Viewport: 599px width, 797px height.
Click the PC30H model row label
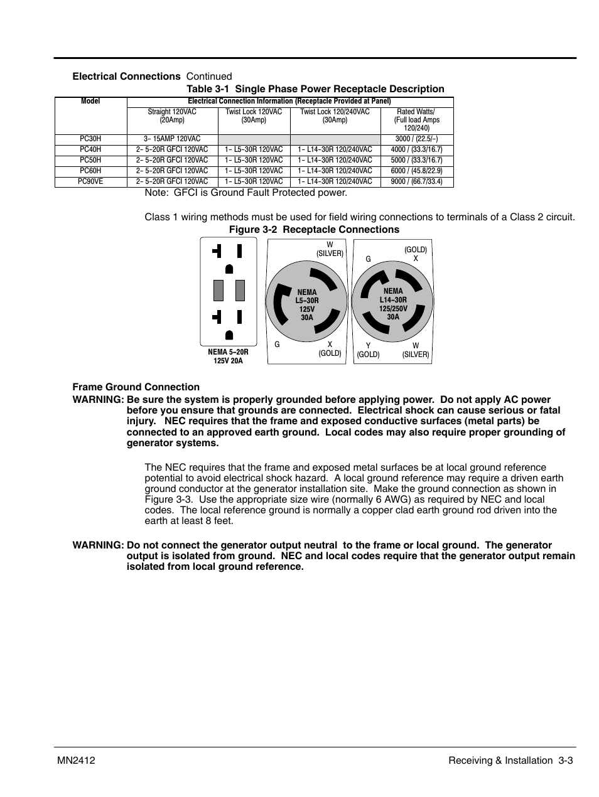(x=90, y=139)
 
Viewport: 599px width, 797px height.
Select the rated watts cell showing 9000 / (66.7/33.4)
(x=416, y=182)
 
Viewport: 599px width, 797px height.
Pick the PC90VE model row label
(x=90, y=182)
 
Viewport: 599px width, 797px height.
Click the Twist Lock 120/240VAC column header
(x=335, y=116)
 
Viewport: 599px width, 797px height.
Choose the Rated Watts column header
(x=416, y=120)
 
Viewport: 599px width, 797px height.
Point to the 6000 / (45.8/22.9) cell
(x=416, y=171)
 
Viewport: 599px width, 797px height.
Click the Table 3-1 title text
(x=315, y=89)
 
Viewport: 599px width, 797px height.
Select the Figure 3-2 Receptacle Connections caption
(x=314, y=230)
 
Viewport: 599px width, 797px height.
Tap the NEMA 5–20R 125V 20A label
(x=228, y=356)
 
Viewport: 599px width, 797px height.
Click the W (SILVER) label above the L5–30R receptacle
(x=330, y=249)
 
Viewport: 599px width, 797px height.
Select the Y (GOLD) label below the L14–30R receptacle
(x=368, y=350)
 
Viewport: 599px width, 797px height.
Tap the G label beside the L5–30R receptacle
(x=277, y=345)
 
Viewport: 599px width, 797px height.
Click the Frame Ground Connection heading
(x=136, y=387)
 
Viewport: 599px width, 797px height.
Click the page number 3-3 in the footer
(x=566, y=761)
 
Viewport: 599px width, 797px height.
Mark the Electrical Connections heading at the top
(x=126, y=77)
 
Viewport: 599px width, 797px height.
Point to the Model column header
(x=90, y=101)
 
